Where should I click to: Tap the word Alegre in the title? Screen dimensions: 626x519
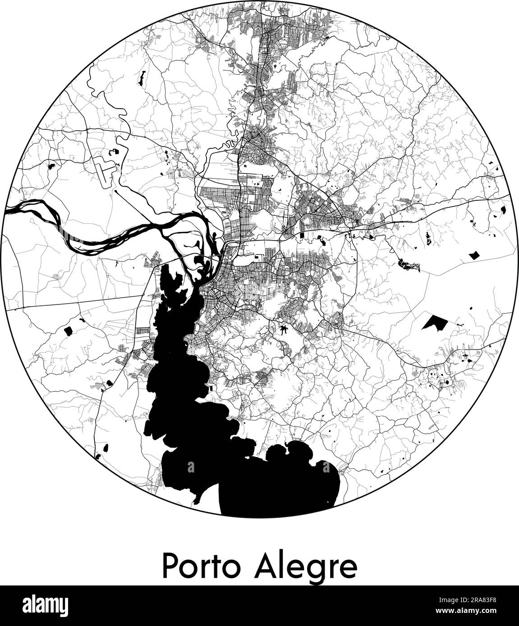(306, 567)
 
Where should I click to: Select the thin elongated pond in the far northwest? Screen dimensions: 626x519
(141, 79)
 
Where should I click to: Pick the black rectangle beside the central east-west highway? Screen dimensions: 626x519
(302, 236)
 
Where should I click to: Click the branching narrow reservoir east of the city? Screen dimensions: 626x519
(408, 266)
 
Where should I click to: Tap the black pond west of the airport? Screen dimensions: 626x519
(50, 165)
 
